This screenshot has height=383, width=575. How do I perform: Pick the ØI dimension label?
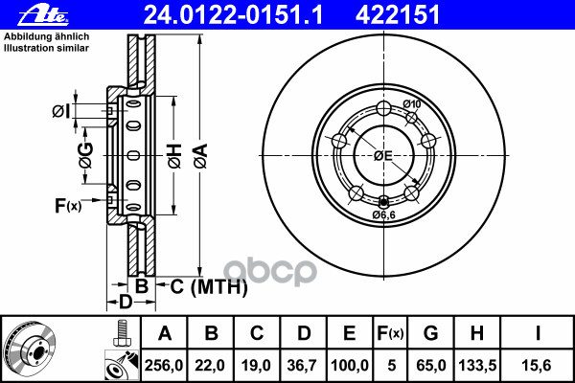(x=61, y=112)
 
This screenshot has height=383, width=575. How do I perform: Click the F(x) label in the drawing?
(x=68, y=205)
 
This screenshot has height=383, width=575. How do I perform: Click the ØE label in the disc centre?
(x=383, y=155)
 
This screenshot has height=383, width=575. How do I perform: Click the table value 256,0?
(x=164, y=365)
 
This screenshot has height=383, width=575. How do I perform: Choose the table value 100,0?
(x=348, y=365)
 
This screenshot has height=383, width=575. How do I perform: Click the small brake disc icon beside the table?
(x=29, y=349)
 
